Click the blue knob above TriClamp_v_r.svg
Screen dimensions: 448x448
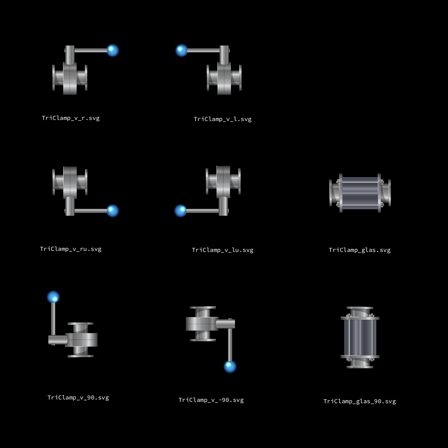click(113, 50)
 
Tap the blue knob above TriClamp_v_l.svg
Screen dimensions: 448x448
click(181, 50)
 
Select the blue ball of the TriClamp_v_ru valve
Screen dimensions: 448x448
click(113, 211)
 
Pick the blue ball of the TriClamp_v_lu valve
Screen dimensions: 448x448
click(181, 211)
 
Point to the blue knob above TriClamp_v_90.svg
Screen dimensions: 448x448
click(53, 297)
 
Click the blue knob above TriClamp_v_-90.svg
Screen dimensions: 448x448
click(230, 367)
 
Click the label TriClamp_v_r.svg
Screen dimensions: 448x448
click(71, 118)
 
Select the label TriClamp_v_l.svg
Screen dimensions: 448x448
click(223, 119)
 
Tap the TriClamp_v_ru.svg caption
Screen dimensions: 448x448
click(71, 249)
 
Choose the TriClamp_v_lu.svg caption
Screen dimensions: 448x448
click(223, 250)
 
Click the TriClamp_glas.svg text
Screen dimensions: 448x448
click(360, 250)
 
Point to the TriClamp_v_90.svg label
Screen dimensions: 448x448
click(78, 398)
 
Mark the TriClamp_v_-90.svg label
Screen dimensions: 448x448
click(211, 400)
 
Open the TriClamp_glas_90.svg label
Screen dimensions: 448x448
click(360, 401)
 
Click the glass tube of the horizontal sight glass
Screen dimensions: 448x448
click(360, 193)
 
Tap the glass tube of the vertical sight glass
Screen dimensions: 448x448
click(360, 337)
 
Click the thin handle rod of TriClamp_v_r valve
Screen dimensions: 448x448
click(91, 50)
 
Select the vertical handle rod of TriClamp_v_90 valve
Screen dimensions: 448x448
click(53, 319)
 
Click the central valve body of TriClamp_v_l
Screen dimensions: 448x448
click(224, 78)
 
